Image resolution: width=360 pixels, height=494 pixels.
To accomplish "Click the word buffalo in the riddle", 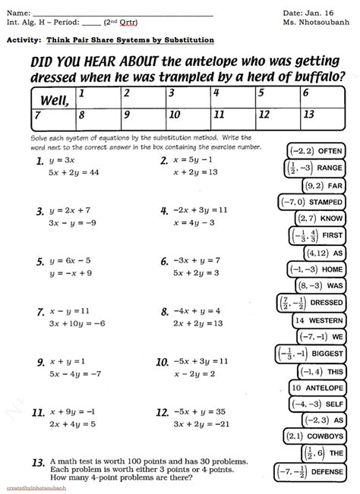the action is pyautogui.click(x=308, y=76).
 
